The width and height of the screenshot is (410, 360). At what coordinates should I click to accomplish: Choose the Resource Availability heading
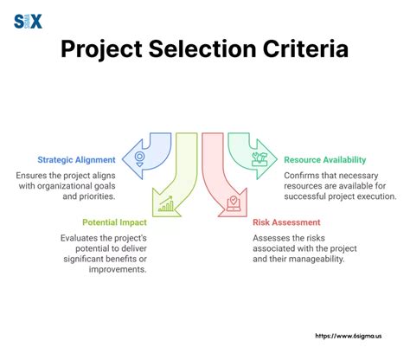325,160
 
